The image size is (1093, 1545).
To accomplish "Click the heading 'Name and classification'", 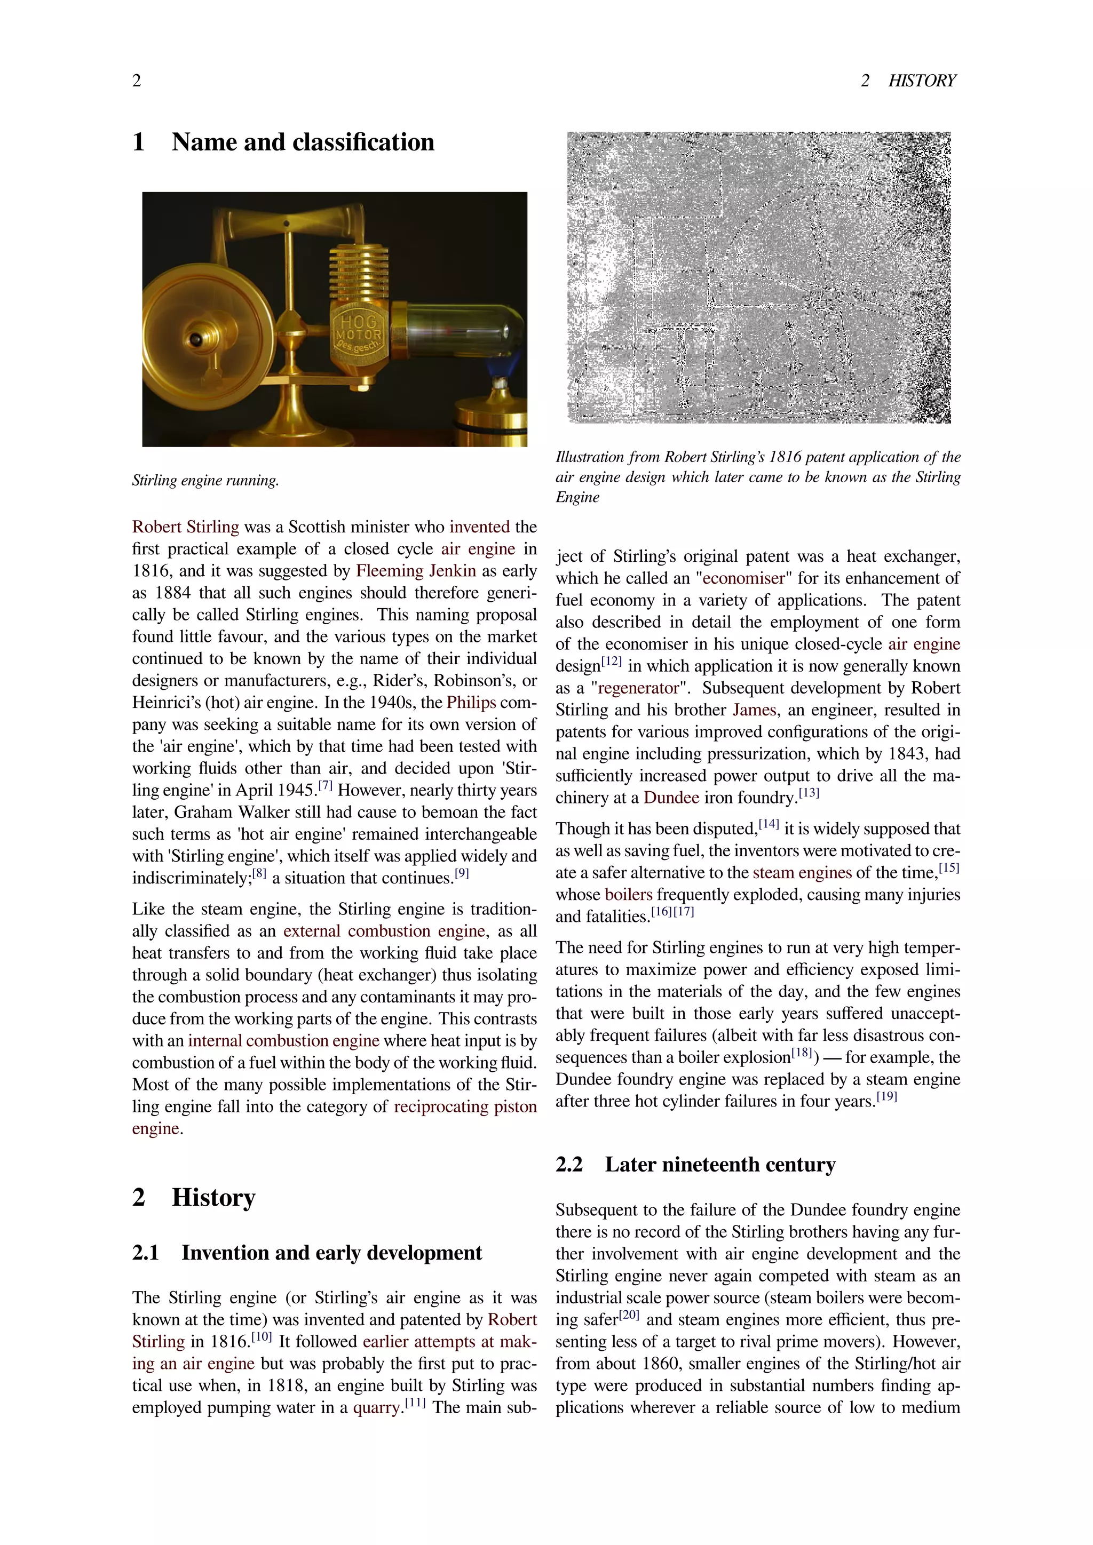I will [x=303, y=142].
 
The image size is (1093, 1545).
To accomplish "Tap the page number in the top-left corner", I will [x=137, y=81].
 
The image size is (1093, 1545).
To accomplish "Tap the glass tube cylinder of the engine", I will [x=464, y=330].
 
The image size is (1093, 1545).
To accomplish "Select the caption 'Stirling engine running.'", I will [x=205, y=481].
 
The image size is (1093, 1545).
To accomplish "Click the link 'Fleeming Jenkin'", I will [x=415, y=571].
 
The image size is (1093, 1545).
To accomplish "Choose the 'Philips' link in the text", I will [x=470, y=703].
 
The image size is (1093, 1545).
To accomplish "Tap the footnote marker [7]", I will [x=325, y=785].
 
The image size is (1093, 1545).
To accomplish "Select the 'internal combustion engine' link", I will [x=283, y=1040].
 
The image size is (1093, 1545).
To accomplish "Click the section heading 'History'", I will [x=213, y=1198].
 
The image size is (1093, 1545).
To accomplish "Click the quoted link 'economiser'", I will [x=743, y=579].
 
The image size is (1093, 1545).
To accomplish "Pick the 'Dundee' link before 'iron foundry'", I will [x=671, y=798].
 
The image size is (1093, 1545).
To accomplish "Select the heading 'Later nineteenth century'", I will [x=719, y=1165].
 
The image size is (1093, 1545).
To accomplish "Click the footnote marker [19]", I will [x=886, y=1097].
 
